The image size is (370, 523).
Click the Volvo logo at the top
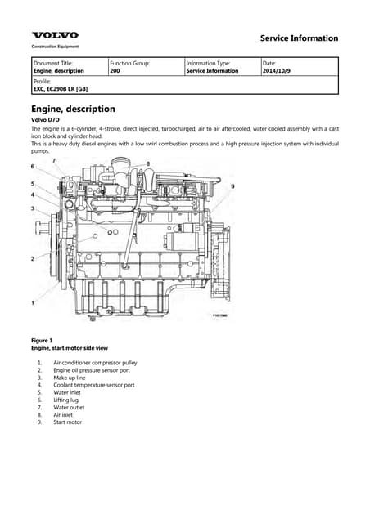[x=55, y=35]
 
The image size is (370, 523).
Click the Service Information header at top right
[x=298, y=38]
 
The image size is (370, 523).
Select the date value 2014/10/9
[x=276, y=71]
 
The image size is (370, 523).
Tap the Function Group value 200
[x=115, y=71]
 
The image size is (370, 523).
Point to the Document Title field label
[x=52, y=63]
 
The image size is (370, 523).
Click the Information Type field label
[x=208, y=63]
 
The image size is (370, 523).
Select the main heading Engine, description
[x=73, y=109]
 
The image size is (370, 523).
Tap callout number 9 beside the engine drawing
[x=232, y=187]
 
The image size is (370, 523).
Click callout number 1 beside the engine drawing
[x=33, y=303]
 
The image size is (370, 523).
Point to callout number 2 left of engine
[x=33, y=259]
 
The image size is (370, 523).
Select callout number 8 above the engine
[x=148, y=163]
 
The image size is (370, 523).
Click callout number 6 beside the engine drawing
[x=33, y=167]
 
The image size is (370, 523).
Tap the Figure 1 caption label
[x=42, y=340]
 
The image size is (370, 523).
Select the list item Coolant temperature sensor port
[x=93, y=384]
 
